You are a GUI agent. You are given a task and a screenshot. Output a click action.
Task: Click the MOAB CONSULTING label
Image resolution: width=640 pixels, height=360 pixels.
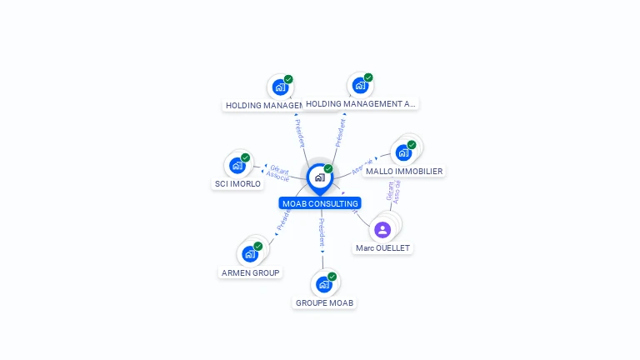320,203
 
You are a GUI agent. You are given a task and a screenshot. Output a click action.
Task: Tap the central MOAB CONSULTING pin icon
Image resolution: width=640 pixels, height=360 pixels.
319,177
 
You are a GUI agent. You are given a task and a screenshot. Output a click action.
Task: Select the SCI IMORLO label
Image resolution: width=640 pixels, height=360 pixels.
237,183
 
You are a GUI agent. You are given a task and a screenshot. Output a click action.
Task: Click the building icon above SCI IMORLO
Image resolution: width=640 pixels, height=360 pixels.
237,165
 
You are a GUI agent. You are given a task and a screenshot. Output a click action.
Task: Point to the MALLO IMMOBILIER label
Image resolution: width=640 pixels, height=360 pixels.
404,171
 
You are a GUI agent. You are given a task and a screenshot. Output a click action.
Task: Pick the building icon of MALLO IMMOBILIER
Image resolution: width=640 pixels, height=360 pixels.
403,152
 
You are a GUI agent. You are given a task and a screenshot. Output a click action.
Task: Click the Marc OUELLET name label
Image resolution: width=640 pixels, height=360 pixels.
383,248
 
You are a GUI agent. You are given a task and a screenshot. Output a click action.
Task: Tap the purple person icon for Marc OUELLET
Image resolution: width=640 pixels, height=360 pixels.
382,229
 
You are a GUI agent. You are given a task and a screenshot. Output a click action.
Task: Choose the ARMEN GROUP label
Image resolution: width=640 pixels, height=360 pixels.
250,272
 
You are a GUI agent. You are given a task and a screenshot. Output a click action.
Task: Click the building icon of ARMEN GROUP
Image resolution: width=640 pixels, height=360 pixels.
249,254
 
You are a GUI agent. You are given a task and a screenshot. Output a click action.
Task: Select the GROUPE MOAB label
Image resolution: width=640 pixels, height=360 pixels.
324,302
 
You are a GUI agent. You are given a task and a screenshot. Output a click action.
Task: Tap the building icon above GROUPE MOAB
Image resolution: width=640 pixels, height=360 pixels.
323,284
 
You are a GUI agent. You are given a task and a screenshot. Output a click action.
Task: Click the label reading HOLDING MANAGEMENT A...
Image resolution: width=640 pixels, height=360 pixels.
360,104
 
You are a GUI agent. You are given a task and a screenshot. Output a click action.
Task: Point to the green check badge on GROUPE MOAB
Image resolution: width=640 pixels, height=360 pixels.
332,277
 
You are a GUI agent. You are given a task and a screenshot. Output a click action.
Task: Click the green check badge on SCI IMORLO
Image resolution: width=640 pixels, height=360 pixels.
245,157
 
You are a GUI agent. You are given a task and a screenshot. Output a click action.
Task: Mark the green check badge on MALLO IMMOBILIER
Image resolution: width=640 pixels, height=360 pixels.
412,145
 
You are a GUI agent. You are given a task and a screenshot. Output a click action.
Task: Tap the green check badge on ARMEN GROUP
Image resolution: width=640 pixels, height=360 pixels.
257,247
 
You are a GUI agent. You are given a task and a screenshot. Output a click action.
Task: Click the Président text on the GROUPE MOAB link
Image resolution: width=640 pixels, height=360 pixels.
322,232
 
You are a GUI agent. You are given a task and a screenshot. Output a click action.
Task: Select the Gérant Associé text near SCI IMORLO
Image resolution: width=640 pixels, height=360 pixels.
278,172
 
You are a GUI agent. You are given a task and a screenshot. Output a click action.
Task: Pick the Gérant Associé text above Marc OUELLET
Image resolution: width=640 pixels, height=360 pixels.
392,192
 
